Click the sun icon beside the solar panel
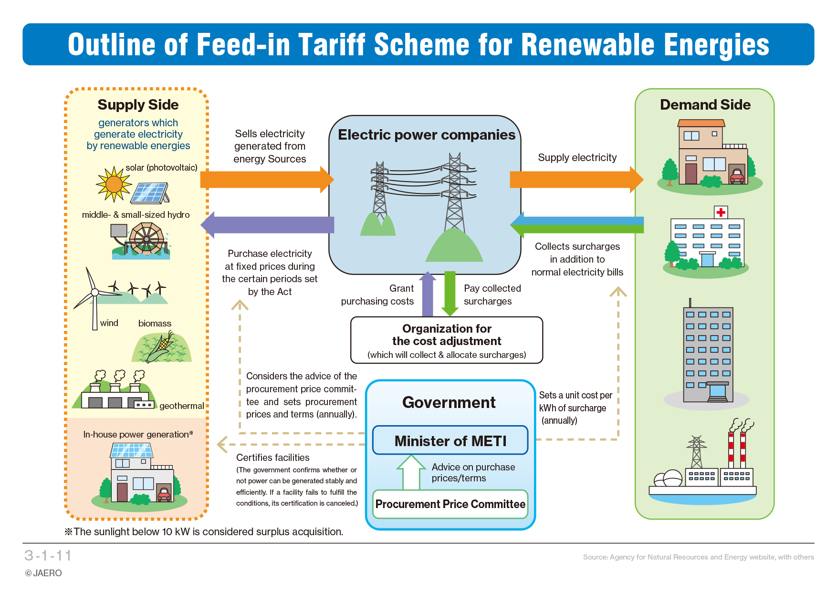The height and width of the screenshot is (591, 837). click(114, 183)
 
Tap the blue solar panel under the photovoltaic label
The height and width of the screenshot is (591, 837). click(150, 193)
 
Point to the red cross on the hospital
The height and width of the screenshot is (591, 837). click(721, 212)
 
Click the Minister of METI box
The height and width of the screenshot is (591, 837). click(450, 440)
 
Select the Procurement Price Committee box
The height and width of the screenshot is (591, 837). click(450, 504)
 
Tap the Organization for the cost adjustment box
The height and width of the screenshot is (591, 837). click(447, 340)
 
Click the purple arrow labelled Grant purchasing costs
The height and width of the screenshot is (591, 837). click(428, 294)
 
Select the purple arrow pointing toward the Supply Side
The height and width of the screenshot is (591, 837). click(267, 224)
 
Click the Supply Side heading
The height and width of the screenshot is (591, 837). click(138, 104)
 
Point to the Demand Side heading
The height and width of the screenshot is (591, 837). click(705, 104)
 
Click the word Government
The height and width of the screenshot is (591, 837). click(449, 402)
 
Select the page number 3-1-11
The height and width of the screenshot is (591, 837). click(48, 555)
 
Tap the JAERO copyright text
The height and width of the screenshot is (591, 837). click(43, 573)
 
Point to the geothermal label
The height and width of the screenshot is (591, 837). click(181, 406)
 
